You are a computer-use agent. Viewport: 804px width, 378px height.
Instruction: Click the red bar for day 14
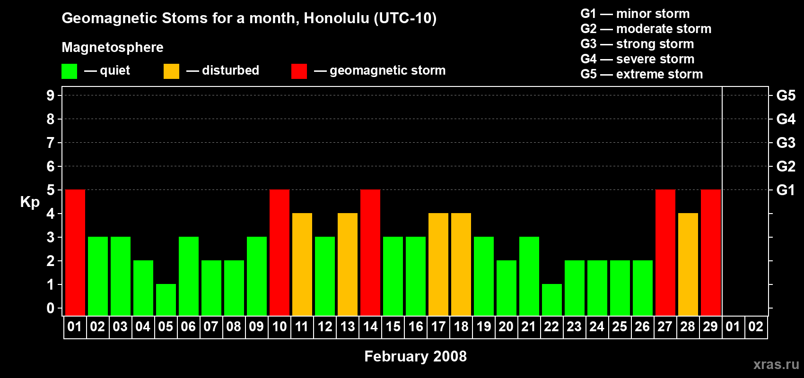pyautogui.click(x=370, y=252)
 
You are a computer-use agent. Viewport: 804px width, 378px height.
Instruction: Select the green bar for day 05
pyautogui.click(x=166, y=300)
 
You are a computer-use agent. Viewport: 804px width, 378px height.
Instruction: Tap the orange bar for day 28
pyautogui.click(x=688, y=264)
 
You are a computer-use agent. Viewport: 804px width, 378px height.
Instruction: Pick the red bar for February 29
pyautogui.click(x=711, y=252)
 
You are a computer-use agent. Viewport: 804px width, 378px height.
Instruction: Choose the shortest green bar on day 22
pyautogui.click(x=551, y=300)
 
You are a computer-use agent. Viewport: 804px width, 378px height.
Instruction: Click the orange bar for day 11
pyautogui.click(x=302, y=264)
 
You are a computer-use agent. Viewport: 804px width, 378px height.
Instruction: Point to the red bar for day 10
pyautogui.click(x=279, y=252)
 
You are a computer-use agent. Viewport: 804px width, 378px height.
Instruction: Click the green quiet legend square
pyautogui.click(x=69, y=71)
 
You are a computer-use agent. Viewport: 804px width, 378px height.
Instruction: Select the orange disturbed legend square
pyautogui.click(x=171, y=71)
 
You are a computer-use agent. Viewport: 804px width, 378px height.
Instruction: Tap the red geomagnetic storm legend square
pyautogui.click(x=299, y=71)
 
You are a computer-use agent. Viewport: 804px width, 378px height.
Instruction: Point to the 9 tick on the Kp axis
pyautogui.click(x=50, y=95)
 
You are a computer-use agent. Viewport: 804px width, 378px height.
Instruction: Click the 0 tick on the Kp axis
pyautogui.click(x=50, y=308)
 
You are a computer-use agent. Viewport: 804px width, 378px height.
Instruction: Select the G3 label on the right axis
pyautogui.click(x=786, y=143)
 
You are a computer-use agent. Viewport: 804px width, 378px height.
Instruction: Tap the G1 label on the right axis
pyautogui.click(x=786, y=190)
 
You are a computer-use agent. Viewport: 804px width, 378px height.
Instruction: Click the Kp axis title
pyautogui.click(x=30, y=202)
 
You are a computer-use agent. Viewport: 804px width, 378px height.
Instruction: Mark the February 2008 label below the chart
pyautogui.click(x=415, y=356)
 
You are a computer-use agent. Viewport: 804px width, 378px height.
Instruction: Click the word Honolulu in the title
pyautogui.click(x=336, y=18)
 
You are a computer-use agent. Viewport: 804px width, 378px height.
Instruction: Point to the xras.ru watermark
pyautogui.click(x=776, y=365)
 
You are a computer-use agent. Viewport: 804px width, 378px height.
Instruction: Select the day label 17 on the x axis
pyautogui.click(x=438, y=326)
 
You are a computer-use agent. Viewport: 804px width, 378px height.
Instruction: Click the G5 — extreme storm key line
pyautogui.click(x=641, y=74)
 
